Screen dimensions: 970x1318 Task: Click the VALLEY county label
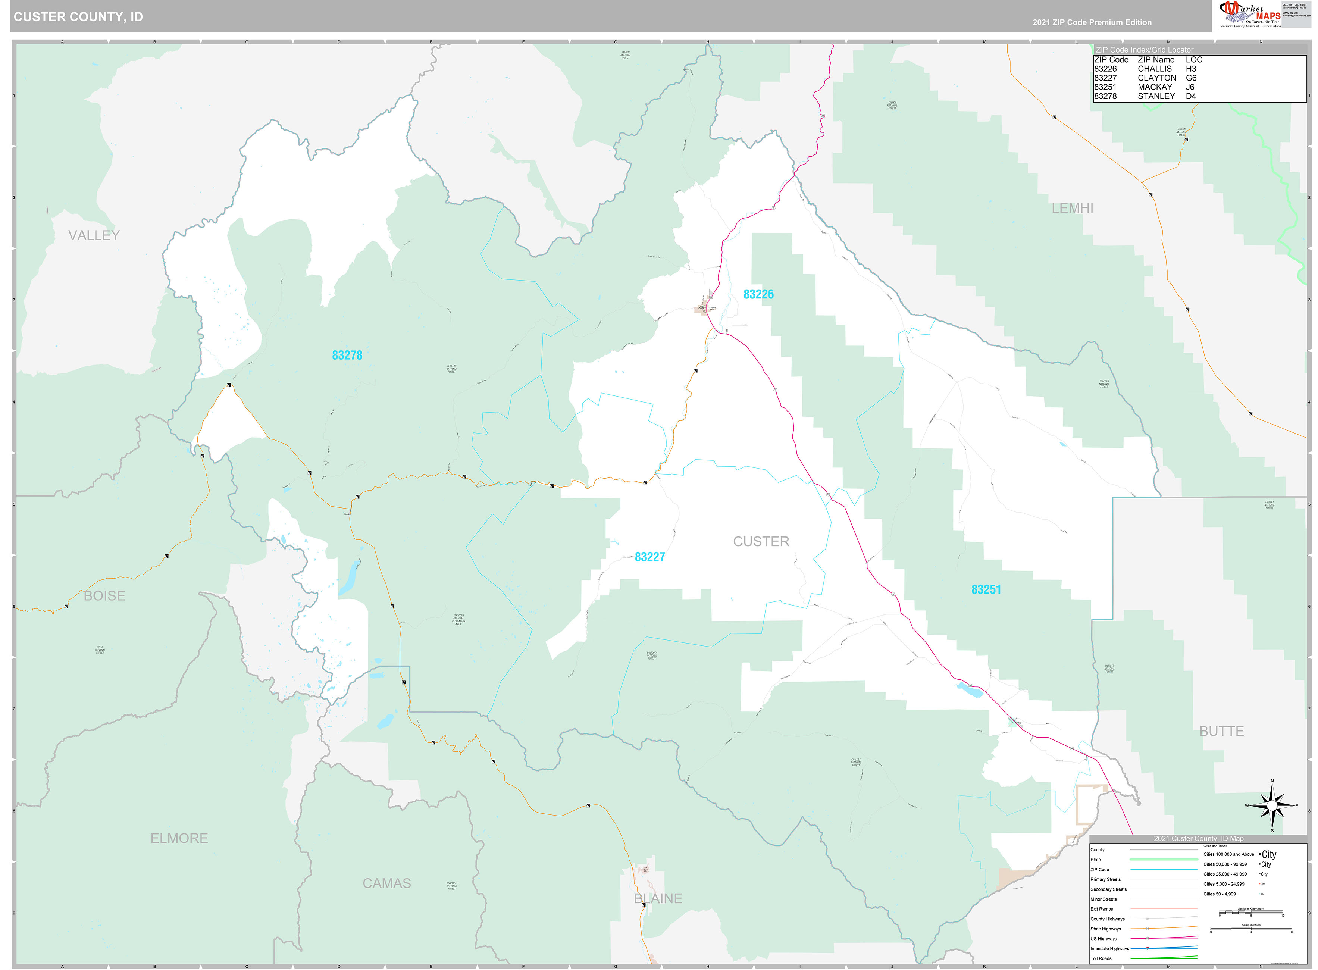tap(94, 235)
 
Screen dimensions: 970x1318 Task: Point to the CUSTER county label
tap(761, 541)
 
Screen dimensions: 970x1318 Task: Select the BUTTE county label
tap(1222, 731)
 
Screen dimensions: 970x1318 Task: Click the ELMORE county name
tap(179, 838)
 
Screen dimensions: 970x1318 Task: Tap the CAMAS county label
tap(386, 883)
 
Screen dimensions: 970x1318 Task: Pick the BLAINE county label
tap(658, 898)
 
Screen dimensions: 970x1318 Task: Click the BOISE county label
tap(104, 595)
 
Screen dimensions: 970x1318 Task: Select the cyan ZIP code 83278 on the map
tap(347, 355)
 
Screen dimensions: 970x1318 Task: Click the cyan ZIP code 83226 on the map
tap(758, 294)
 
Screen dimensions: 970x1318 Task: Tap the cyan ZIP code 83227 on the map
tap(649, 557)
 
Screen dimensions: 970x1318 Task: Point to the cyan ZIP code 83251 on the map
tap(986, 589)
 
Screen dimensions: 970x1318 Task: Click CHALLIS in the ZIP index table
tap(1154, 69)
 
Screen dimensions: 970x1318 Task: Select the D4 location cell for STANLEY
tap(1191, 96)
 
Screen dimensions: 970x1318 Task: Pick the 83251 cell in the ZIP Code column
tap(1105, 87)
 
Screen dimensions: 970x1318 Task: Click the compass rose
tap(1272, 805)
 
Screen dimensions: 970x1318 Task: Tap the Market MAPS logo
tap(1250, 15)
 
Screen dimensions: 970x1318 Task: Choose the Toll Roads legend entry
tap(1101, 958)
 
